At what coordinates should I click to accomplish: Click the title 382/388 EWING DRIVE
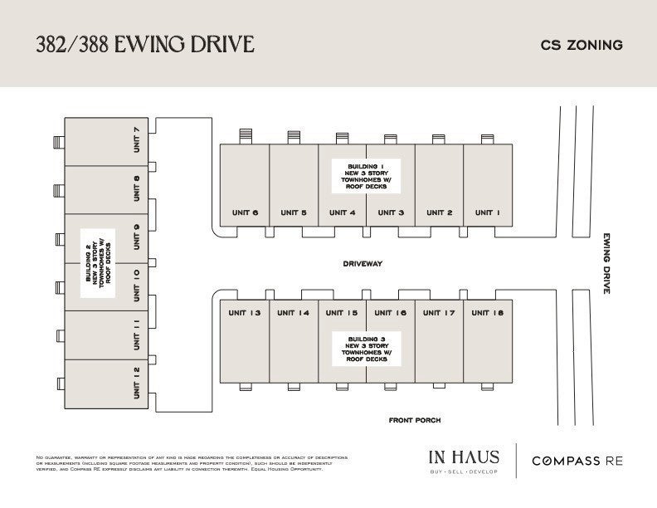pyautogui.click(x=144, y=44)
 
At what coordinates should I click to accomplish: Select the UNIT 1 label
pyautogui.click(x=487, y=213)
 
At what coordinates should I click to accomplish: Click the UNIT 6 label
pyautogui.click(x=245, y=213)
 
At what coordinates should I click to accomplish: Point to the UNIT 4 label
pyautogui.click(x=342, y=213)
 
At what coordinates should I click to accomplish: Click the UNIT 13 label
pyautogui.click(x=245, y=313)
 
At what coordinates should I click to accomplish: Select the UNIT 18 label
pyautogui.click(x=487, y=313)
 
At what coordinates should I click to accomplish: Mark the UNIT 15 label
pyautogui.click(x=342, y=313)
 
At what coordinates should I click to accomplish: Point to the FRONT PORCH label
pyautogui.click(x=415, y=421)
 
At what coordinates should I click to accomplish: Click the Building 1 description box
pyautogui.click(x=366, y=176)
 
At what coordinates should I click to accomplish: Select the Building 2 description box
pyautogui.click(x=99, y=262)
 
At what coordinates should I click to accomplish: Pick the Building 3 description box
pyautogui.click(x=366, y=349)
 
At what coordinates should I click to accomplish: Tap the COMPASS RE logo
pyautogui.click(x=577, y=461)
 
